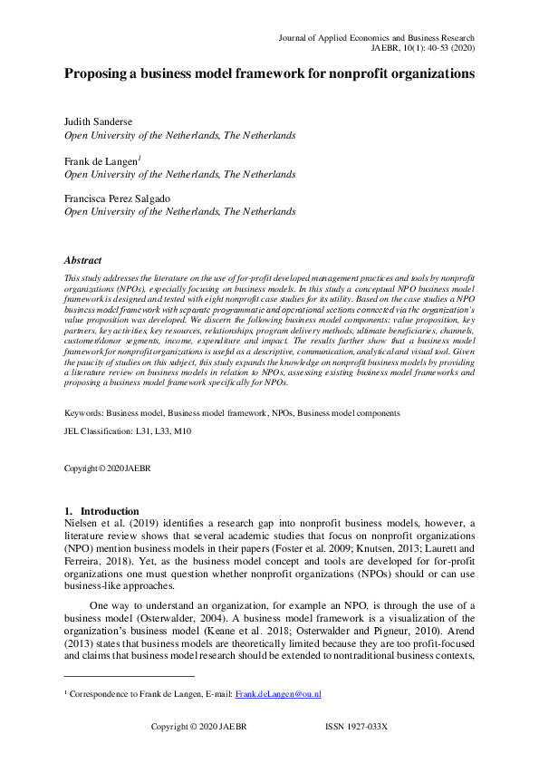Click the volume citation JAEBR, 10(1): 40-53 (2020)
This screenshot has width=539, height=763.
pyautogui.click(x=423, y=50)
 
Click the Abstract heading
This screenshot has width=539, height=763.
pyautogui.click(x=82, y=260)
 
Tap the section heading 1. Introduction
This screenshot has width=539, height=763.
pyautogui.click(x=101, y=511)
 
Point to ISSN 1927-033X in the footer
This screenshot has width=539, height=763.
pyautogui.click(x=356, y=727)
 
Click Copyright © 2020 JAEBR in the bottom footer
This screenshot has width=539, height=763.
pyautogui.click(x=197, y=727)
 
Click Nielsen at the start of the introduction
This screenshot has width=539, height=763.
pyautogui.click(x=81, y=524)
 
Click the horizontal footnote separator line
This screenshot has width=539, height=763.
pyautogui.click(x=130, y=676)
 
